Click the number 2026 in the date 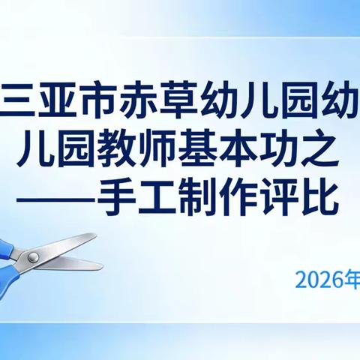point(316,280)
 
